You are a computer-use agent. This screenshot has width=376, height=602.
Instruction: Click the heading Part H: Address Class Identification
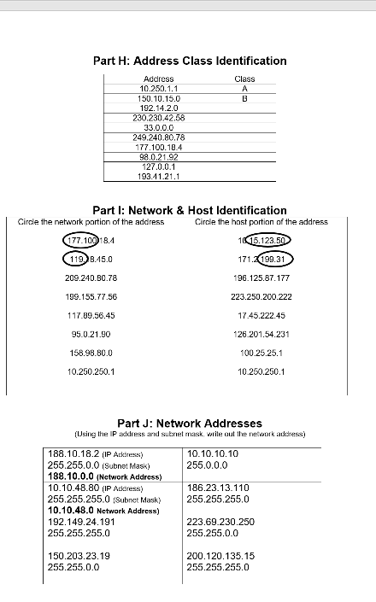pos(189,61)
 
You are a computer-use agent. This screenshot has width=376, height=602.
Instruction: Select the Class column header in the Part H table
pos(244,79)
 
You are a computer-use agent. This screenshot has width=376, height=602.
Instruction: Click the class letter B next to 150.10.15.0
pos(244,97)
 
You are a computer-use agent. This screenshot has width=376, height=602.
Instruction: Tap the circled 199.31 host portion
pos(274,258)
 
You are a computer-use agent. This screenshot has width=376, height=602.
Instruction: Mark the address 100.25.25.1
pos(261,352)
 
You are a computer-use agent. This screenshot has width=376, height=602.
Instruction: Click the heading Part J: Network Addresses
pos(189,422)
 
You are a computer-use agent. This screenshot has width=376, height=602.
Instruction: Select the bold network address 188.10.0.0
pos(74,476)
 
